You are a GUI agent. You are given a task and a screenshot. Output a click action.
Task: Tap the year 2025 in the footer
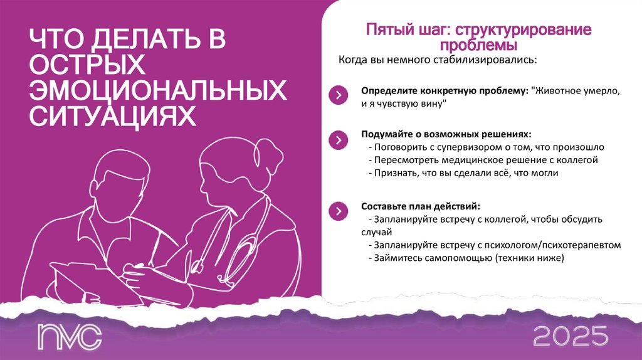571,337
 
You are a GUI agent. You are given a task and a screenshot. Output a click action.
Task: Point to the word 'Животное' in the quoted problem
555,91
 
